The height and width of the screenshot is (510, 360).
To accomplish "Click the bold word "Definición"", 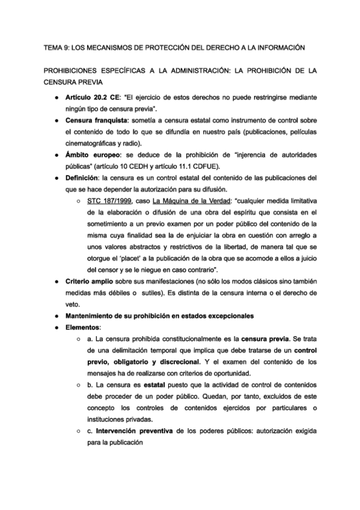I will coord(82,179).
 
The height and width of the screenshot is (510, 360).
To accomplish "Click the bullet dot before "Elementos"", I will coord(56,328).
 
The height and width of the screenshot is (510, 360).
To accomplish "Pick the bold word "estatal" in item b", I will coord(166,386).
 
